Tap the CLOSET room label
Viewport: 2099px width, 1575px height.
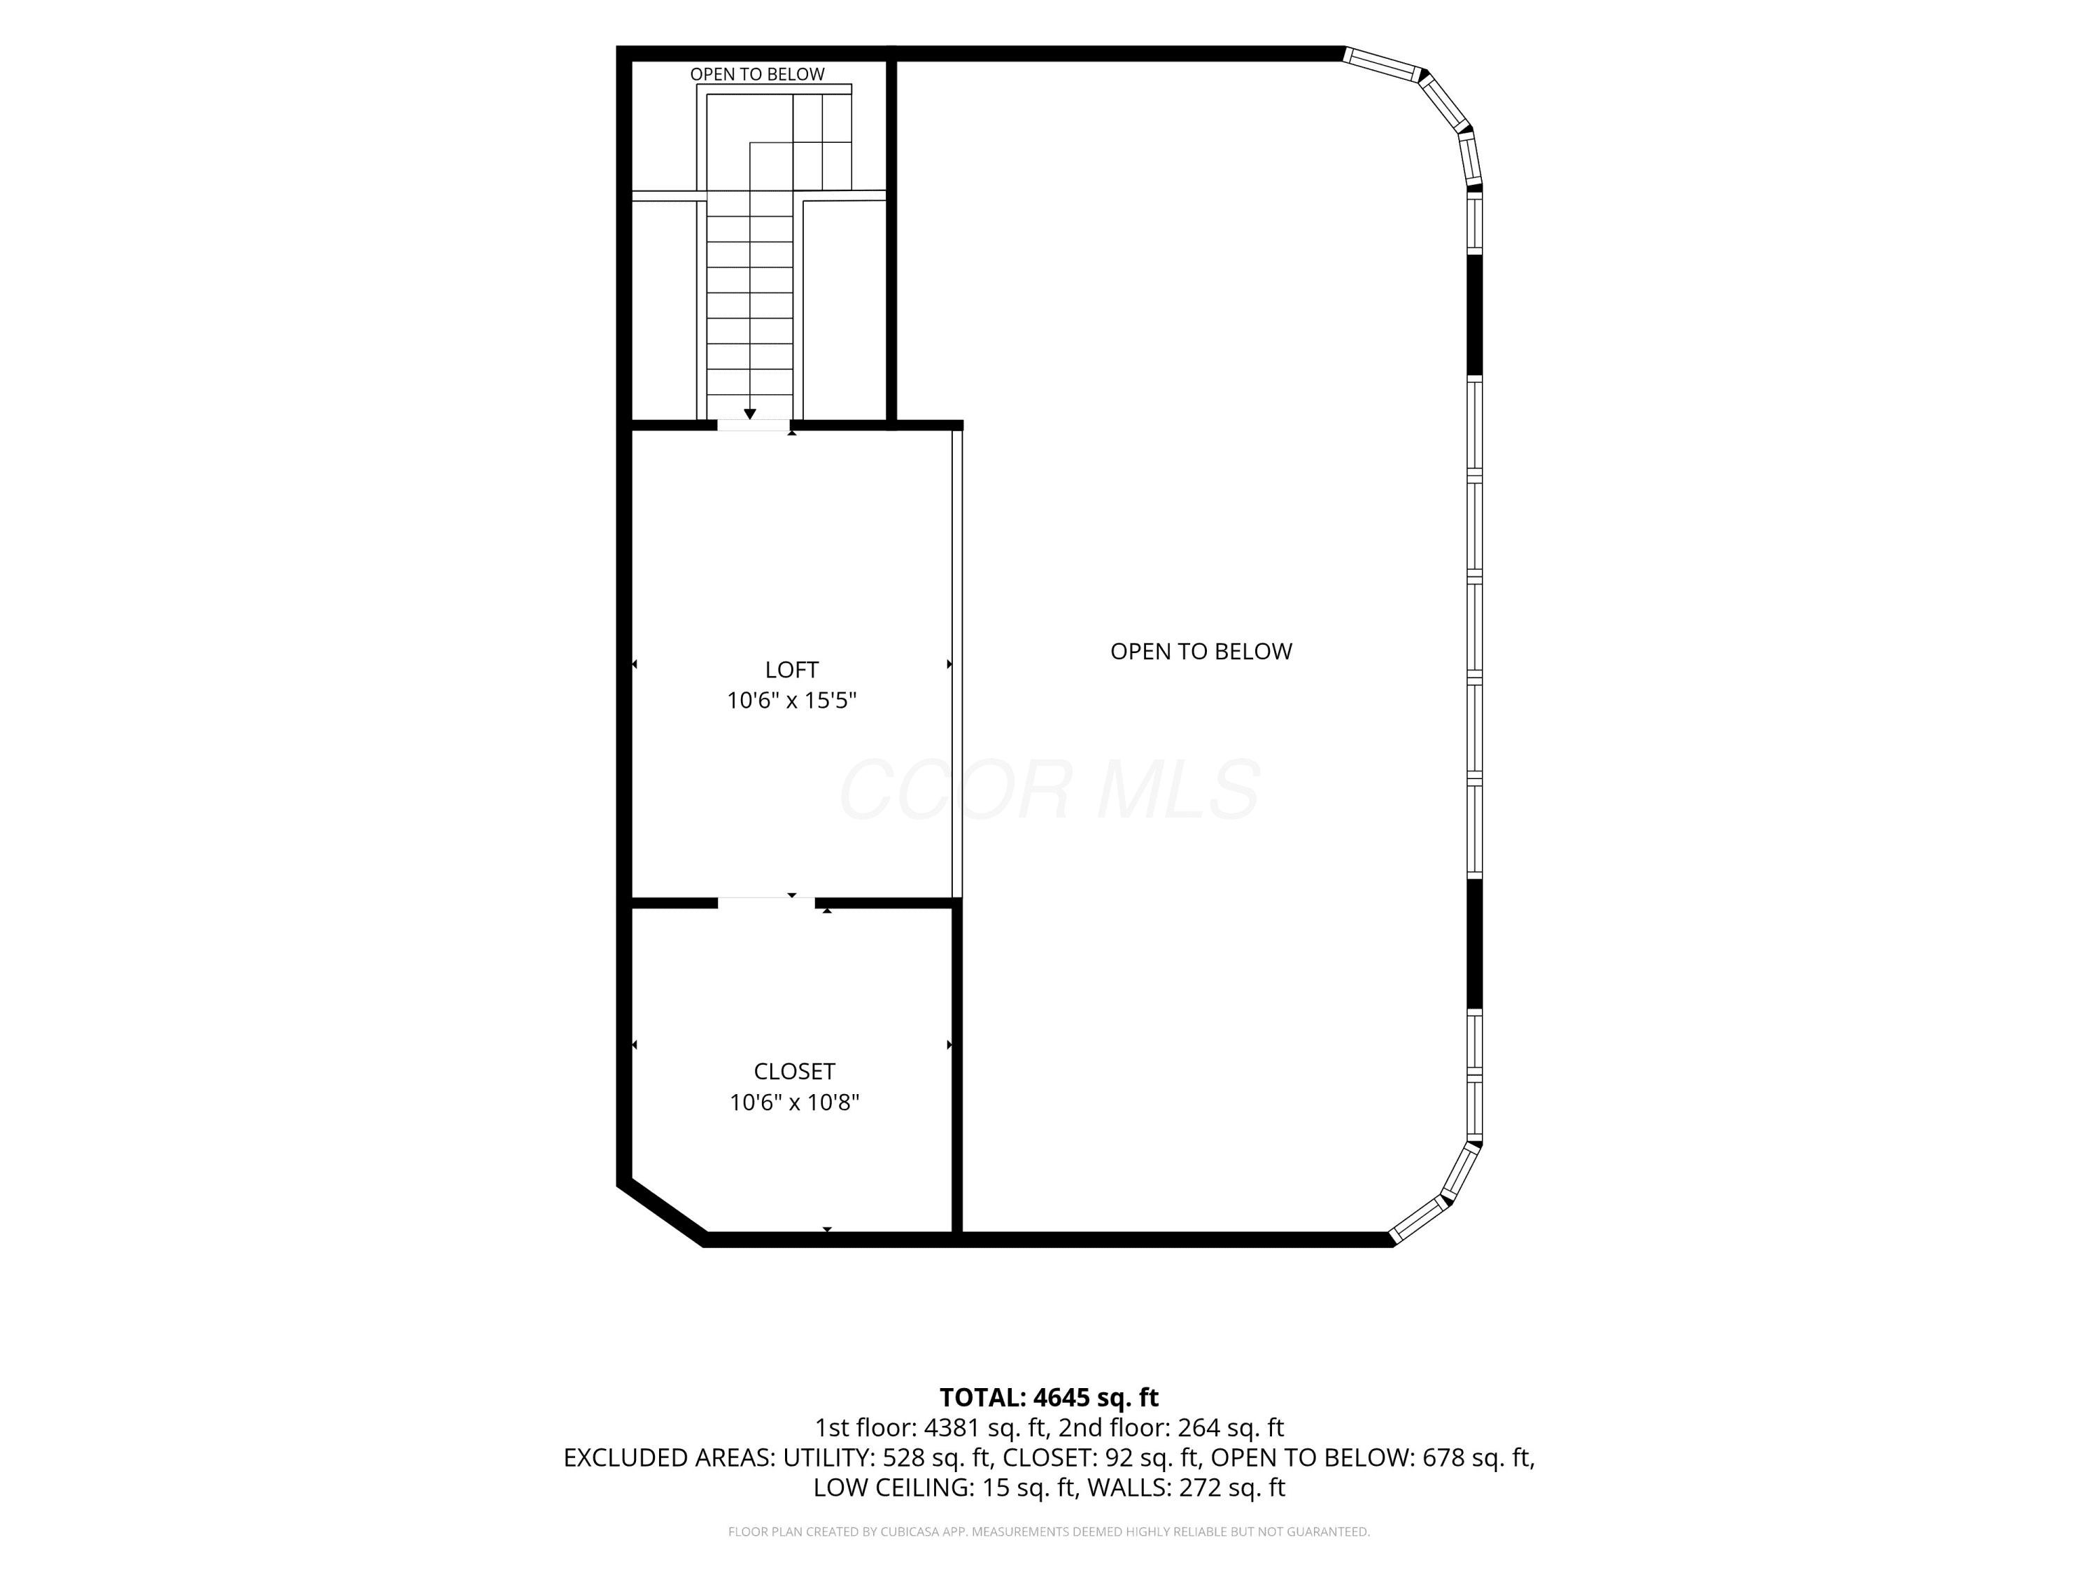794,1071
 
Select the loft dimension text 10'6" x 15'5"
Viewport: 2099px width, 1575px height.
791,701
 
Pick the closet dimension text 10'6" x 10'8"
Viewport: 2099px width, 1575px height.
794,1102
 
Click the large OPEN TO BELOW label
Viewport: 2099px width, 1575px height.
1201,651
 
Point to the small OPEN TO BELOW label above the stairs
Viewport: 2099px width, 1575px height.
757,74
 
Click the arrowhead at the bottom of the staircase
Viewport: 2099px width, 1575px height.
749,414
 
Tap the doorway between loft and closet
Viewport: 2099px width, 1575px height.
765,902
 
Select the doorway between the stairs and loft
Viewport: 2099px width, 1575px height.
754,426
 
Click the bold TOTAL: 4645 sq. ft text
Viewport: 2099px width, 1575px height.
1049,1397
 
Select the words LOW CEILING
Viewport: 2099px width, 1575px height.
892,1487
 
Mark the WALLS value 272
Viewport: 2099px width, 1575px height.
1199,1487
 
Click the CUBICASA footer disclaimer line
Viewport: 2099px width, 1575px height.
1049,1532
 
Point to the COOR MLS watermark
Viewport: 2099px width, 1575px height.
1049,790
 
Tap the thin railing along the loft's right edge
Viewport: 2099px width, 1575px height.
957,664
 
